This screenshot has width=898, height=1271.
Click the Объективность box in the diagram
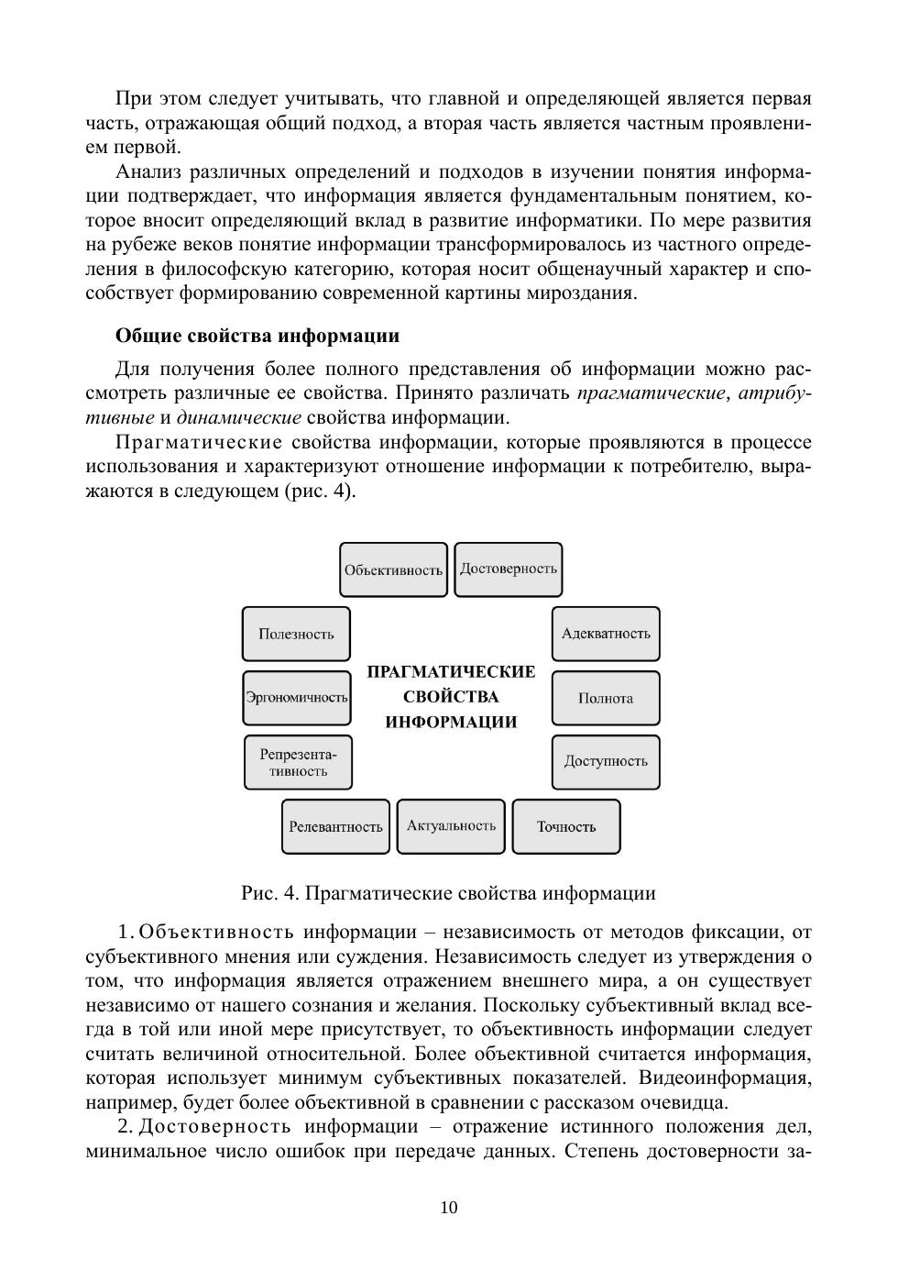393,569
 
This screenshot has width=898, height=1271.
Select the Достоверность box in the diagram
509,569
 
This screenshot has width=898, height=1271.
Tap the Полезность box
296,634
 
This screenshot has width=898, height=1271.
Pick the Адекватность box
606,634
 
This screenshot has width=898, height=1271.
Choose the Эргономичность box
296,697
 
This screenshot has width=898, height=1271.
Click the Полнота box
606,698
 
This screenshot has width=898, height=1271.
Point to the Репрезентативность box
298,762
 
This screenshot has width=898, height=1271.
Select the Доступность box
606,761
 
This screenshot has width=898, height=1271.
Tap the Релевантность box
335,826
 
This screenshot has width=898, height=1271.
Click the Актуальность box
451,825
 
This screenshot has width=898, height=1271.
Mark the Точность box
566,826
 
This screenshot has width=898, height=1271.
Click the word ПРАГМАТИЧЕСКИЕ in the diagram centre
451,672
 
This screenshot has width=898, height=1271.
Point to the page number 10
449,1207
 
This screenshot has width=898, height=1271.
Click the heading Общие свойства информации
257,336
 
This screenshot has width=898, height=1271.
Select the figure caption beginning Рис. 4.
448,893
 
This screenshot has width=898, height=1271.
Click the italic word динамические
238,418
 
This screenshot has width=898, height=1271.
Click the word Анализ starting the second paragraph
148,171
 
